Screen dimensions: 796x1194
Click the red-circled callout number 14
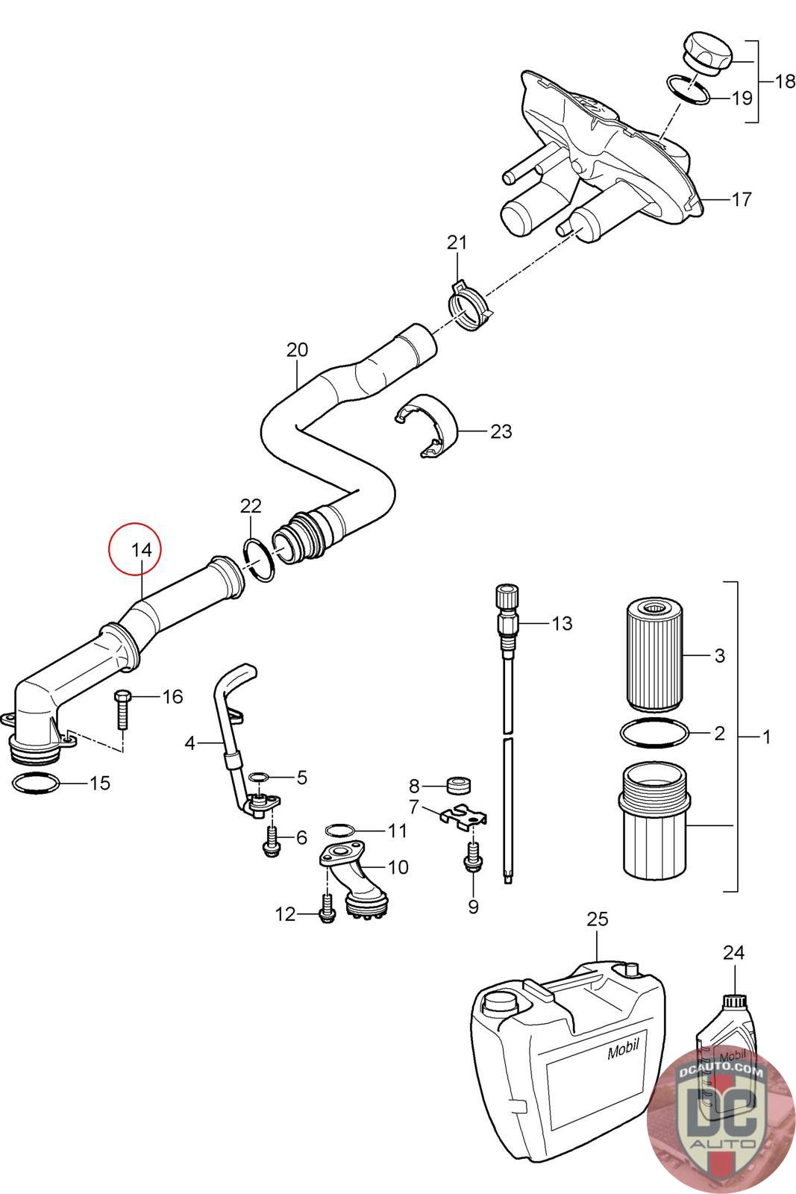pyautogui.click(x=142, y=550)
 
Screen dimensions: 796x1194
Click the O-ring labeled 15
pyautogui.click(x=35, y=783)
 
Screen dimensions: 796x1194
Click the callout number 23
pyautogui.click(x=501, y=431)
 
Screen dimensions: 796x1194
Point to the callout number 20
pyautogui.click(x=298, y=350)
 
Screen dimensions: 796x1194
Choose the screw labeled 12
pyautogui.click(x=327, y=910)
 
